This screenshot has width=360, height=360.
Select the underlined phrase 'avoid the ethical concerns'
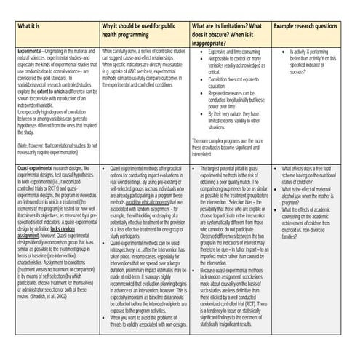coord(149,201)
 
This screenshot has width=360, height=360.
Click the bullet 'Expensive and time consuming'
coord(232,52)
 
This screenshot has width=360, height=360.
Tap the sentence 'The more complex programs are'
coord(227,143)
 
